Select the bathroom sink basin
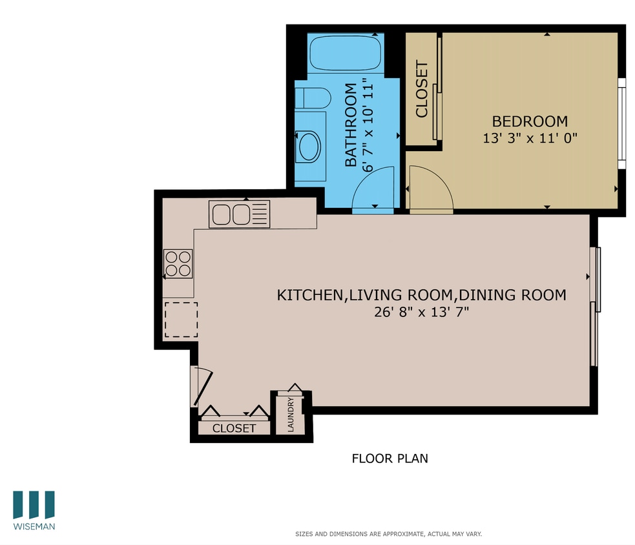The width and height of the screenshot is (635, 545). click(x=308, y=147)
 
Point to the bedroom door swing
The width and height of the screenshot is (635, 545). click(x=430, y=189)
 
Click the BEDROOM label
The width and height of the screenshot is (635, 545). click(x=530, y=121)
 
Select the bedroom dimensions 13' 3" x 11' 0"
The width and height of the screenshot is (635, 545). click(x=529, y=138)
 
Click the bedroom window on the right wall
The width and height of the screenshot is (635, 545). click(x=621, y=123)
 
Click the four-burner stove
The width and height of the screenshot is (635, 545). click(x=178, y=263)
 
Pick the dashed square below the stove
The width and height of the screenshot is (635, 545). click(x=181, y=320)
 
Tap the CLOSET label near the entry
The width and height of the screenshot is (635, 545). click(x=234, y=428)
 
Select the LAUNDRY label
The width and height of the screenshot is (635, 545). click(x=291, y=415)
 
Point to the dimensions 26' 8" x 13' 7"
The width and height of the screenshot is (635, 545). click(x=422, y=312)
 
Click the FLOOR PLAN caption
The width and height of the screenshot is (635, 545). click(x=390, y=458)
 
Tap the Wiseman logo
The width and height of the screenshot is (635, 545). click(x=34, y=510)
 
